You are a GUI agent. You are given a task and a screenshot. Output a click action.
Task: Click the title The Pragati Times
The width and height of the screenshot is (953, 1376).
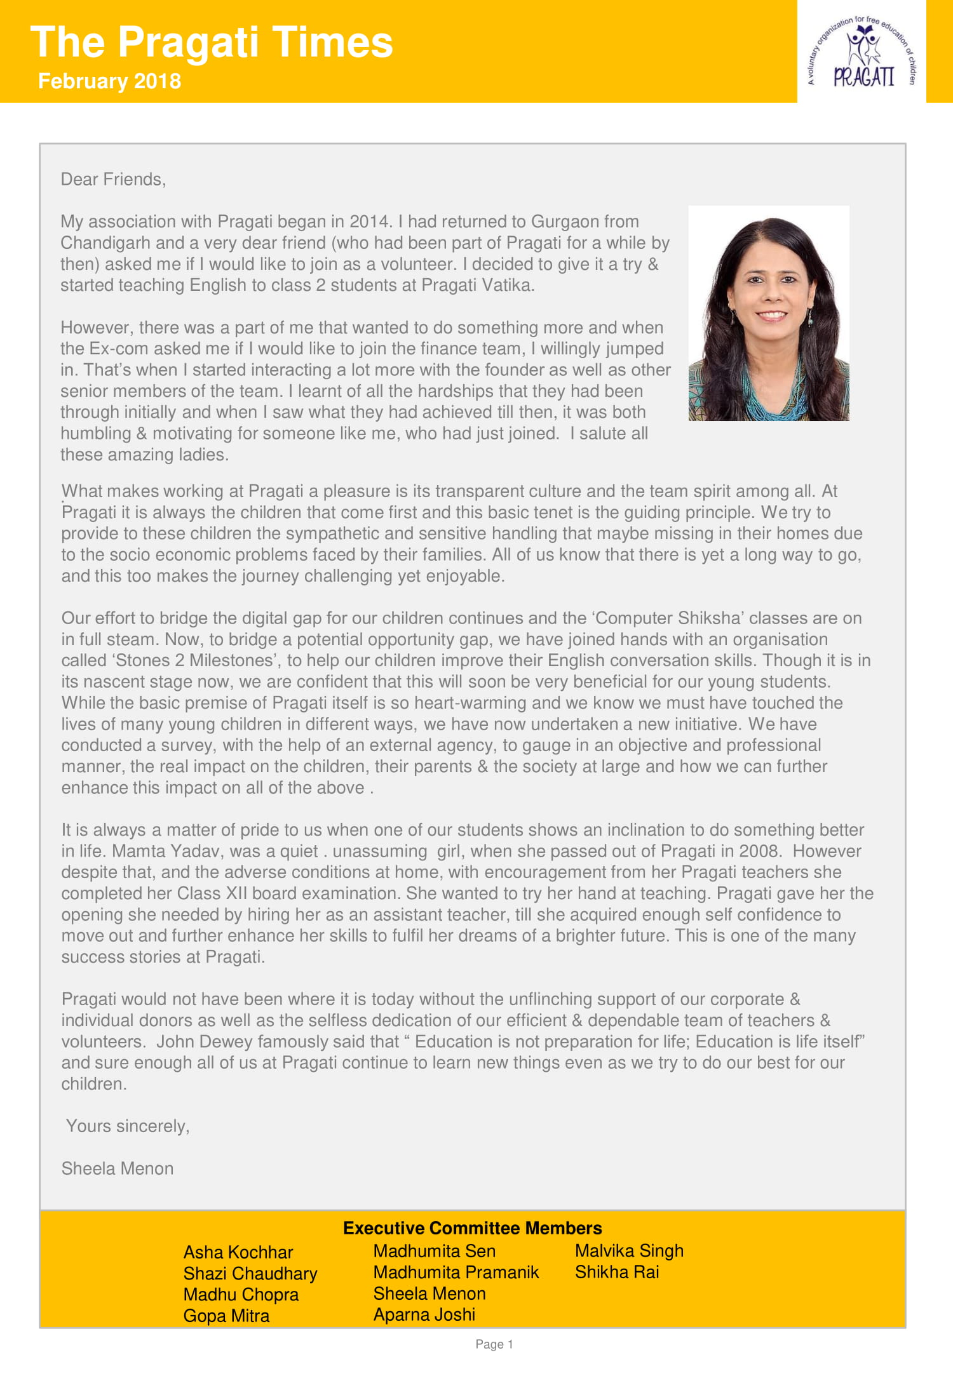pyautogui.click(x=212, y=43)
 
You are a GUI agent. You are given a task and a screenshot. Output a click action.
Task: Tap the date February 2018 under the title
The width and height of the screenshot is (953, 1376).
pyautogui.click(x=109, y=81)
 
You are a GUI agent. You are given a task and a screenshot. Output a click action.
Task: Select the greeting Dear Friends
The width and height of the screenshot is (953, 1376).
pyautogui.click(x=113, y=180)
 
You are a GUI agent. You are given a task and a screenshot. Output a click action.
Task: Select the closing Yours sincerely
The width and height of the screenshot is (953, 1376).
pyautogui.click(x=128, y=1126)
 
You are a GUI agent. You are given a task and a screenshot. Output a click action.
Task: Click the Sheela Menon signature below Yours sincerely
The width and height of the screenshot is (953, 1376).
pyautogui.click(x=118, y=1168)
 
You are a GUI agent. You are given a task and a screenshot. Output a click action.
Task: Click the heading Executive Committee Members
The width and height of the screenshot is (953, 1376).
pyautogui.click(x=472, y=1228)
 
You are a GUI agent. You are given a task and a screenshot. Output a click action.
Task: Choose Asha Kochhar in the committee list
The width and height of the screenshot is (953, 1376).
pyautogui.click(x=238, y=1252)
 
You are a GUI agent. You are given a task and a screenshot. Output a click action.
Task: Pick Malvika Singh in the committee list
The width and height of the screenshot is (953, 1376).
pyautogui.click(x=629, y=1251)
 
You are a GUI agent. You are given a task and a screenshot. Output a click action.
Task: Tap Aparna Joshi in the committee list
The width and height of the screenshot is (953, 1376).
pyautogui.click(x=424, y=1314)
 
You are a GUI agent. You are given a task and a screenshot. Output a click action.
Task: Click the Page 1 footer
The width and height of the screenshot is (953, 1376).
pyautogui.click(x=494, y=1344)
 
